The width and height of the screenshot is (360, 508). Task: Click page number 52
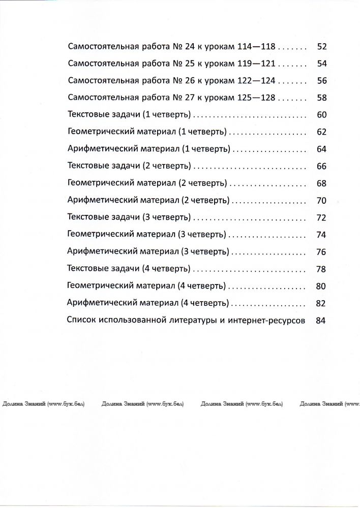(x=321, y=47)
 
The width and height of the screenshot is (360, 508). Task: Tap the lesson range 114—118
(x=256, y=47)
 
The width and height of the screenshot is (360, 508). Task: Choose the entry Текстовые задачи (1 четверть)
(x=129, y=115)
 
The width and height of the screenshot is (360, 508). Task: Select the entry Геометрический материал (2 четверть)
(x=147, y=183)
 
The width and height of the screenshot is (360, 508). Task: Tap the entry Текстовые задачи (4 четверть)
(x=129, y=269)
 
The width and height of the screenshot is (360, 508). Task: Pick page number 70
(x=321, y=201)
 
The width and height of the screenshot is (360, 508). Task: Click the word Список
(x=80, y=321)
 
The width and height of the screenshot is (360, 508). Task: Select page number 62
(x=321, y=132)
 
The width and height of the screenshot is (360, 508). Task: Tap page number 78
(x=321, y=269)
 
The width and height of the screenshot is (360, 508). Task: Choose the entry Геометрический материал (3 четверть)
(x=147, y=234)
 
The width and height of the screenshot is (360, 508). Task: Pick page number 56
(x=321, y=81)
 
